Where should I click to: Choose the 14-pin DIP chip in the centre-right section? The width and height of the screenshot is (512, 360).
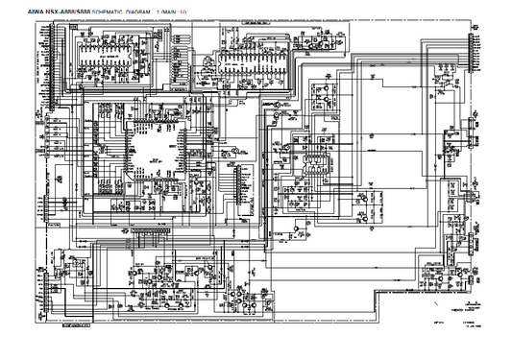coord(312,159)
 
